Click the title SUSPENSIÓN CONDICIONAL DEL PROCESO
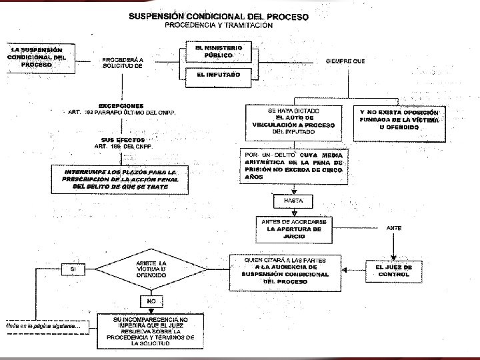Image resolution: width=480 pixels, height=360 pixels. click(x=218, y=17)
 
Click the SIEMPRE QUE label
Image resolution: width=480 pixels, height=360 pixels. click(x=345, y=61)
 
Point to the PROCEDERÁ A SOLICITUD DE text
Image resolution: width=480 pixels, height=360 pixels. click(x=122, y=63)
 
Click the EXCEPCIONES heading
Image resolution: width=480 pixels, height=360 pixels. click(x=121, y=106)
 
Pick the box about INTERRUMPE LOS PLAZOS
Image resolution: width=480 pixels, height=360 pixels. click(x=121, y=179)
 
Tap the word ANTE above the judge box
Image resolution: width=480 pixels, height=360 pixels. click(x=395, y=228)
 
